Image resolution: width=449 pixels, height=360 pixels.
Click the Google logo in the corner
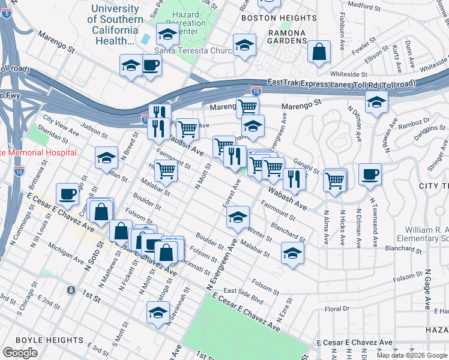[x=19, y=352]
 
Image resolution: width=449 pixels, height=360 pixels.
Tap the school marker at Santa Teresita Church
[x=244, y=45]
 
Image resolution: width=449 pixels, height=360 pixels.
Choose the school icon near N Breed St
[x=106, y=157]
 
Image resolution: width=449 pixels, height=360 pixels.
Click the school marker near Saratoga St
[x=158, y=313]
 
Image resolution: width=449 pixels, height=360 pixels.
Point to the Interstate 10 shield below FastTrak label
[x=256, y=91]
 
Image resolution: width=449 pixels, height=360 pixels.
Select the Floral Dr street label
[x=337, y=308]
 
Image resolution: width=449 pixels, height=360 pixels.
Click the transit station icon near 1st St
[x=71, y=290]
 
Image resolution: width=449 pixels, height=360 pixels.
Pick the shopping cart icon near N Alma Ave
[x=334, y=179]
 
